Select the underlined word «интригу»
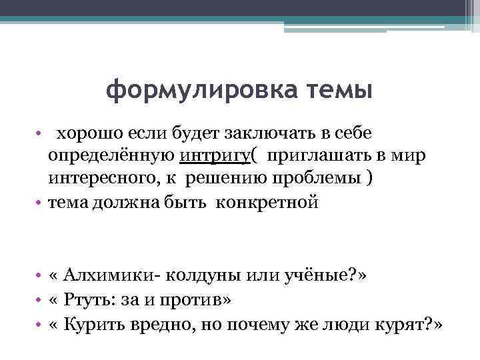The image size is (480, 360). tap(217, 155)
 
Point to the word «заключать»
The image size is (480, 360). tap(252, 134)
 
